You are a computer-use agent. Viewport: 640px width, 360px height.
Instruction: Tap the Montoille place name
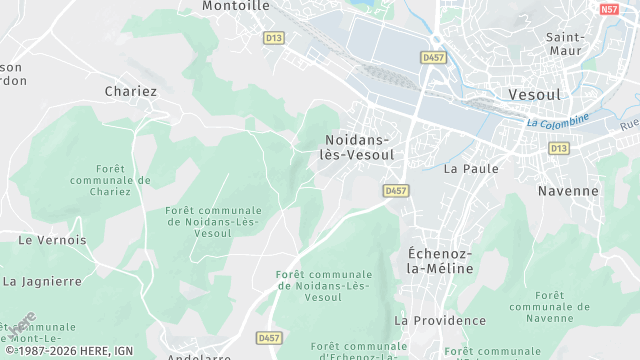tap(236, 6)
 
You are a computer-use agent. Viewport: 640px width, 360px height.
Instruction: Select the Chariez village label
tap(131, 91)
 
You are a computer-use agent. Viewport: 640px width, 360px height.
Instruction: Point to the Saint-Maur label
tap(566, 43)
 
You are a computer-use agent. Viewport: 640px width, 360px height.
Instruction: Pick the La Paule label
tap(471, 168)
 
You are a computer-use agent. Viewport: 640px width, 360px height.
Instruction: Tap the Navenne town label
tap(568, 190)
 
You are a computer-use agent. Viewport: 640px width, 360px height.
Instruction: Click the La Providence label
tap(440, 320)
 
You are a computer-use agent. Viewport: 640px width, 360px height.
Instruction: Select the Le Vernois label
tap(53, 240)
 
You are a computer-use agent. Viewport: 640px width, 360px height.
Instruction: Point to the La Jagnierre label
tap(43, 282)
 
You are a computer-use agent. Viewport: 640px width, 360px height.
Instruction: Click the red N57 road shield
tap(609, 9)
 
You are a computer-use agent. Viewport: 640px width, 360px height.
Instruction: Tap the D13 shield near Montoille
tap(274, 38)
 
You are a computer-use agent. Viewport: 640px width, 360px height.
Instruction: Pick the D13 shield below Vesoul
tap(557, 148)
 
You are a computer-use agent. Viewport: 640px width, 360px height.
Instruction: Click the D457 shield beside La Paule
tap(396, 190)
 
